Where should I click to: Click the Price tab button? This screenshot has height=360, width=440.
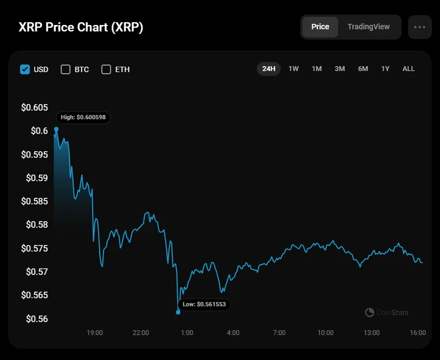click(320, 27)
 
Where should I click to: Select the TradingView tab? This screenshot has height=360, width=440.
click(368, 27)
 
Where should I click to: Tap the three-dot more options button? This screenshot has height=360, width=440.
click(419, 27)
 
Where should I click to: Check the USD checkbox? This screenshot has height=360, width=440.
click(24, 69)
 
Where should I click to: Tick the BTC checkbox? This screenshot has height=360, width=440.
click(66, 69)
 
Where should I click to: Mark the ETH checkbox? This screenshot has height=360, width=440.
click(106, 69)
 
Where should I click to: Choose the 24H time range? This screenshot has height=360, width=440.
click(269, 69)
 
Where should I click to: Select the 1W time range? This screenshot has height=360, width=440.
click(294, 69)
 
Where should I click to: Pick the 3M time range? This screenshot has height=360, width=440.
click(340, 69)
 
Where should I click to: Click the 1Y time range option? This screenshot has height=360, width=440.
click(385, 69)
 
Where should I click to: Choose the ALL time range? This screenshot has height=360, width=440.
click(409, 69)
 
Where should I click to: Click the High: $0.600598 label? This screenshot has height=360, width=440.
click(83, 117)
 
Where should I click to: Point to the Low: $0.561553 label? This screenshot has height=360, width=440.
click(204, 305)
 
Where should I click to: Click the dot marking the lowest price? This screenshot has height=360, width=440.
click(178, 312)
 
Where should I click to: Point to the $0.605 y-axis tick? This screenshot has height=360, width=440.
click(34, 107)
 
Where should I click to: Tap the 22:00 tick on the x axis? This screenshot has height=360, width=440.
click(141, 332)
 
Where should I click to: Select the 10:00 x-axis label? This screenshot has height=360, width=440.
click(326, 332)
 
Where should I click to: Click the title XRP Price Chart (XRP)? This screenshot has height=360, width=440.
click(81, 27)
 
